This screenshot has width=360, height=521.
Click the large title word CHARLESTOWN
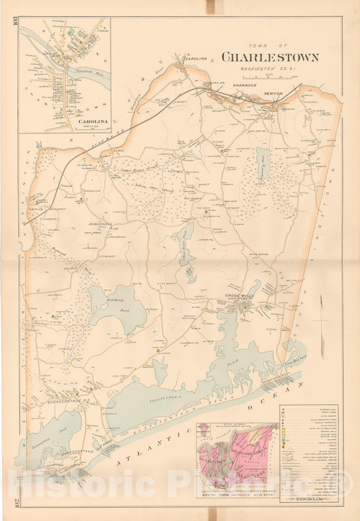click(269, 57)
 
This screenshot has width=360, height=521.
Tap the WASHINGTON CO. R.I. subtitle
click(269, 69)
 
